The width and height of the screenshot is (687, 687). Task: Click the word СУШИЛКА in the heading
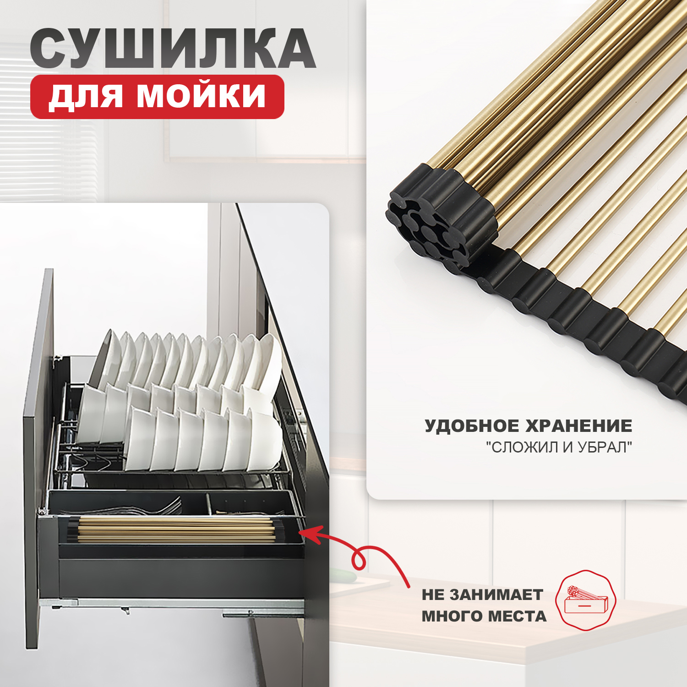click(173, 49)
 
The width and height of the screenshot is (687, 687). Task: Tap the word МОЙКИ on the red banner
click(201, 96)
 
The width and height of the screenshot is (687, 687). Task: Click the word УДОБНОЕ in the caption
click(471, 426)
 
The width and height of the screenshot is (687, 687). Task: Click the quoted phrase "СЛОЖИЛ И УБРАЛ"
click(559, 447)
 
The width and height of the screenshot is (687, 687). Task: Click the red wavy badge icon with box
click(585, 600)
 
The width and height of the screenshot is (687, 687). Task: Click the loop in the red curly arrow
click(358, 560)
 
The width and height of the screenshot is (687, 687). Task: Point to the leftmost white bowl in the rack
click(89, 414)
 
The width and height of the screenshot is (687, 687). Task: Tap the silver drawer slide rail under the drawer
click(183, 604)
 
